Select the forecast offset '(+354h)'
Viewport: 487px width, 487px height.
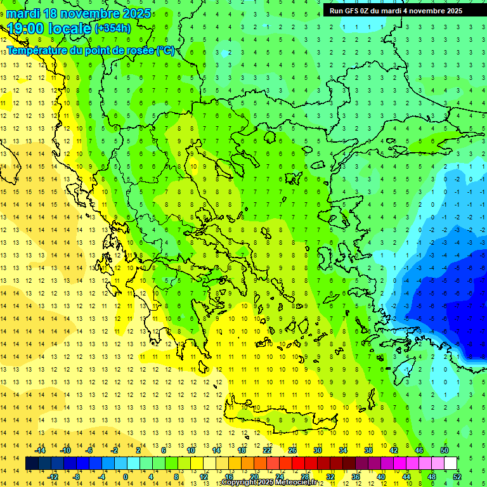click(x=113, y=29)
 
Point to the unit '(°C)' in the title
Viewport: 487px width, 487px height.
click(x=166, y=50)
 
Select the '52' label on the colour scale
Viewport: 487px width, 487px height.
click(x=457, y=477)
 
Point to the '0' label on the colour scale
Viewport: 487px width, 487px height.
click(x=125, y=477)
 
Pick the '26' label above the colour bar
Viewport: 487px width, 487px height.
click(x=292, y=450)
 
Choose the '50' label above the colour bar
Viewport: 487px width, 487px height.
click(x=444, y=450)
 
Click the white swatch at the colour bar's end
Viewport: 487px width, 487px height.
click(x=450, y=464)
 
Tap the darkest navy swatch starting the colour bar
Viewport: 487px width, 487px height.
click(x=32, y=464)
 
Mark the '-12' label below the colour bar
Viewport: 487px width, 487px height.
click(x=53, y=477)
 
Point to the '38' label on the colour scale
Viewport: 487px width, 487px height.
click(x=368, y=450)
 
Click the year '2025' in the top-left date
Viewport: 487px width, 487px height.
click(x=136, y=13)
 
